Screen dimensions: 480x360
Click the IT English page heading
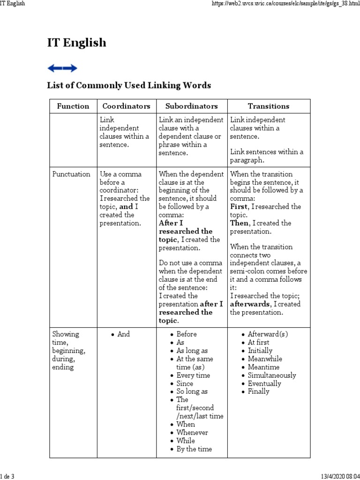pyautogui.click(x=77, y=43)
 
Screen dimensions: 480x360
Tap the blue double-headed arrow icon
pyautogui.click(x=62, y=68)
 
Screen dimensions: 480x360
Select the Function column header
pyautogui.click(x=73, y=106)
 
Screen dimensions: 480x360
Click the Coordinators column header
pyautogui.click(x=126, y=106)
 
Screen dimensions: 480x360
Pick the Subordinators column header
pyautogui.click(x=192, y=106)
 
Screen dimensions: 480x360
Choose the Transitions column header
pyautogui.click(x=269, y=106)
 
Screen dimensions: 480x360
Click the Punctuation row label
pyautogui.click(x=71, y=174)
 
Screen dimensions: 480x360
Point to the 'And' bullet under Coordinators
pyautogui.click(x=124, y=334)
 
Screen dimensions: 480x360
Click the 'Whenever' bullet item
pyautogui.click(x=192, y=433)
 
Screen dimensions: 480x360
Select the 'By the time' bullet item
pyautogui.click(x=194, y=449)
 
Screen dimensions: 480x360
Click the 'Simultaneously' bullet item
pyautogui.click(x=272, y=375)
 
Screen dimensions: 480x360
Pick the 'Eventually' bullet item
pyautogui.click(x=264, y=383)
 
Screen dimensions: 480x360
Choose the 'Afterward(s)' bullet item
pyautogui.click(x=268, y=334)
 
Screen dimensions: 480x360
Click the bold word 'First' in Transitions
pyautogui.click(x=240, y=207)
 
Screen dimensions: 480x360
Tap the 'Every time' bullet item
pyautogui.click(x=193, y=375)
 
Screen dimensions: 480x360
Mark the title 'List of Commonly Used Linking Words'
pyautogui.click(x=129, y=85)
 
